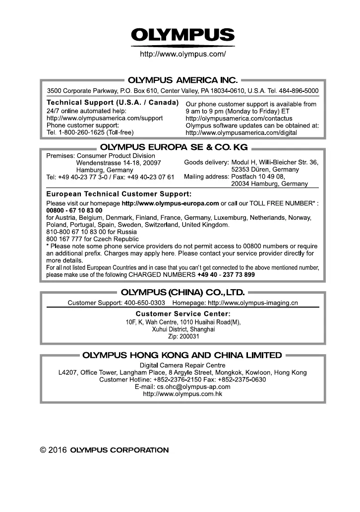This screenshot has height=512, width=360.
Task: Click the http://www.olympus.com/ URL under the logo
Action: click(183, 54)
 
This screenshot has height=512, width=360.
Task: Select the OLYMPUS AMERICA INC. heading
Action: click(183, 79)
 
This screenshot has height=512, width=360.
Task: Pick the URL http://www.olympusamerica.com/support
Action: click(105, 118)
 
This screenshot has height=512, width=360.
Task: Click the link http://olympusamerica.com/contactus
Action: click(239, 119)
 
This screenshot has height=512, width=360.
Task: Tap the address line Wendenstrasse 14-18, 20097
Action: click(118, 163)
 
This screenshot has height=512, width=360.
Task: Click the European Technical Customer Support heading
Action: click(119, 193)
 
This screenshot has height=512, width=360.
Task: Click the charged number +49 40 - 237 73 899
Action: click(226, 274)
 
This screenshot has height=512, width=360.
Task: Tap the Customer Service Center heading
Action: click(183, 314)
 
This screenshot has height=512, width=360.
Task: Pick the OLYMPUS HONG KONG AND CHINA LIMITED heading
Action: click(182, 355)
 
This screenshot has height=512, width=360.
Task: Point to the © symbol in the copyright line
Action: click(44, 450)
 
